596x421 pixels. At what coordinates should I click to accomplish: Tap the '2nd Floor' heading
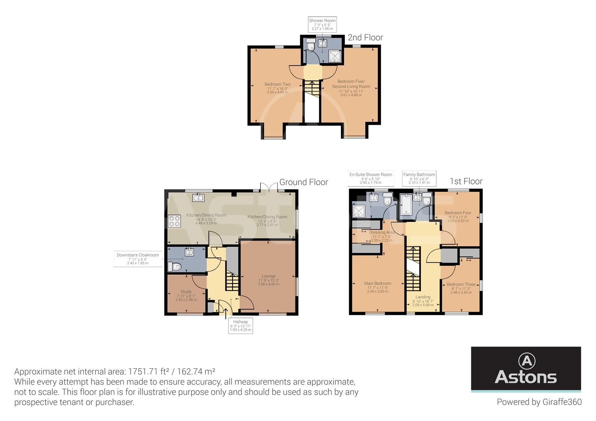[365, 38]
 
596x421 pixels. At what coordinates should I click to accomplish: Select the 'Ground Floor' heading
[303, 182]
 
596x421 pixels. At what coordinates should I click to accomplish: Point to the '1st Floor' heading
[466, 182]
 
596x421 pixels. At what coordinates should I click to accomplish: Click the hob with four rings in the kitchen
[174, 221]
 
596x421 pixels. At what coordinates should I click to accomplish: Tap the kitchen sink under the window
[198, 198]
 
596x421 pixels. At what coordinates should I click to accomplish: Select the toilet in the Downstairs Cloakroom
[174, 267]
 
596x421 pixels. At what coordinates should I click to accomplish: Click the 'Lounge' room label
[268, 276]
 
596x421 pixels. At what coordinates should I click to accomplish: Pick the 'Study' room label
[186, 292]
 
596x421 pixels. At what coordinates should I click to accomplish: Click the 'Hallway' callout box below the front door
[241, 326]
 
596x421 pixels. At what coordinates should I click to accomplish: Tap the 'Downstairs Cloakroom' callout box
[138, 259]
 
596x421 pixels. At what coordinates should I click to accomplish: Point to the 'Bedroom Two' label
[277, 85]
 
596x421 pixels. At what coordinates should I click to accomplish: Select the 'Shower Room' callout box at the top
[322, 25]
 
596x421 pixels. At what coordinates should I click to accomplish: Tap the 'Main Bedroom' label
[378, 284]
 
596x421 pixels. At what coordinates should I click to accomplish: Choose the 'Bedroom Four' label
[458, 213]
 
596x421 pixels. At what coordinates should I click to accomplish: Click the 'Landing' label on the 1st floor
[423, 297]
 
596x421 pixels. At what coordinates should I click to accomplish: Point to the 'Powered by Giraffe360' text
[539, 402]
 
